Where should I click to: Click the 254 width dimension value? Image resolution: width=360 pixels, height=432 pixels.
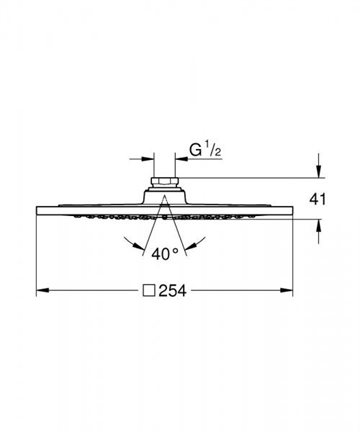tap(172, 291)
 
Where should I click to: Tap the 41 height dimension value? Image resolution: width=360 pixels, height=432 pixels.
tap(317, 199)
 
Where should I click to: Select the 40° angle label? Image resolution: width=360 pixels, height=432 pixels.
tap(165, 254)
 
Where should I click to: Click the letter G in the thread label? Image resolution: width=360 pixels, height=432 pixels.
tap(196, 150)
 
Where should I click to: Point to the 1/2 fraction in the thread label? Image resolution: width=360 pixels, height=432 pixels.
tap(213, 150)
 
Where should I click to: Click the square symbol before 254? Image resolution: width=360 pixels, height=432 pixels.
tap(149, 291)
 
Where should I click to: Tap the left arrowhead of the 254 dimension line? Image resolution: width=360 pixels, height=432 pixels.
tap(43, 291)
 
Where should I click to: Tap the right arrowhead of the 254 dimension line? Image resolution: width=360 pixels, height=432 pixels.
tap(286, 291)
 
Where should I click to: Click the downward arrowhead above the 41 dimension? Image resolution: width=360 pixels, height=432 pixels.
tap(319, 172)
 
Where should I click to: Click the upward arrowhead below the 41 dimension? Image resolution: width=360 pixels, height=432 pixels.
tap(319, 225)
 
